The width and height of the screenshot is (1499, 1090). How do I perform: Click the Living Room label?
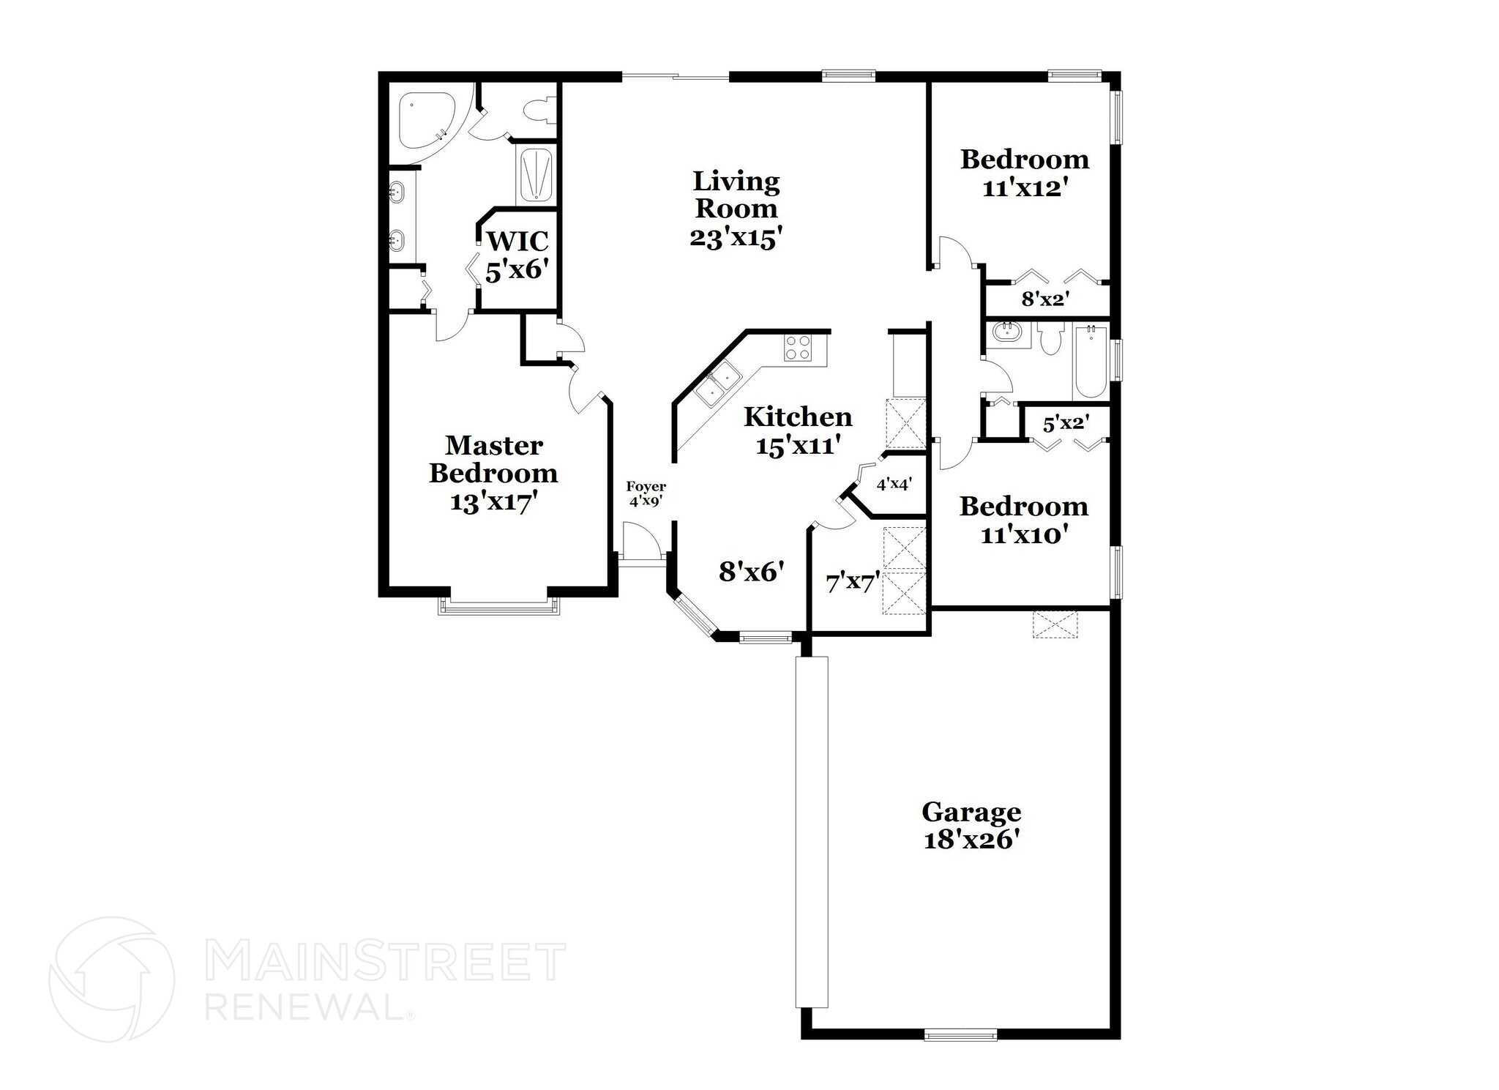[x=736, y=209]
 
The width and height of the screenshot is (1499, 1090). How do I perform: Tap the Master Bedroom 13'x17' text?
[x=493, y=474]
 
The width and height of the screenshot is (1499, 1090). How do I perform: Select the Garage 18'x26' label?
[x=971, y=825]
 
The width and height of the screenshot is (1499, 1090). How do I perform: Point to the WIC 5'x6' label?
[x=517, y=255]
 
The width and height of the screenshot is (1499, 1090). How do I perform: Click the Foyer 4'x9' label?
[x=646, y=494]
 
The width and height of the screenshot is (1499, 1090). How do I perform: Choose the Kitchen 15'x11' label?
[x=798, y=430]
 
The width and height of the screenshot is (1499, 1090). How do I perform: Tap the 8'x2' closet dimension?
[x=1046, y=299]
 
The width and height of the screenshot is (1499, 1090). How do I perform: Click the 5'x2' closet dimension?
[x=1066, y=423]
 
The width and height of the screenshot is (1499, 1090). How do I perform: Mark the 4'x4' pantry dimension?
[x=894, y=484]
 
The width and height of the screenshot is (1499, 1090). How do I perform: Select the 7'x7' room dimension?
[x=852, y=583]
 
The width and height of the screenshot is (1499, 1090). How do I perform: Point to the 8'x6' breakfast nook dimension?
[x=752, y=571]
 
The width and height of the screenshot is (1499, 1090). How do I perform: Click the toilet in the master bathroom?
[x=538, y=111]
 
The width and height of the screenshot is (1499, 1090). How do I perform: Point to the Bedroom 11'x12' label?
[x=1024, y=173]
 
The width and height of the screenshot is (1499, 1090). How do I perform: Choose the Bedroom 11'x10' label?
[x=1023, y=520]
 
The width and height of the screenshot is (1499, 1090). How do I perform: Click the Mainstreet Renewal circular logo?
[x=111, y=979]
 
